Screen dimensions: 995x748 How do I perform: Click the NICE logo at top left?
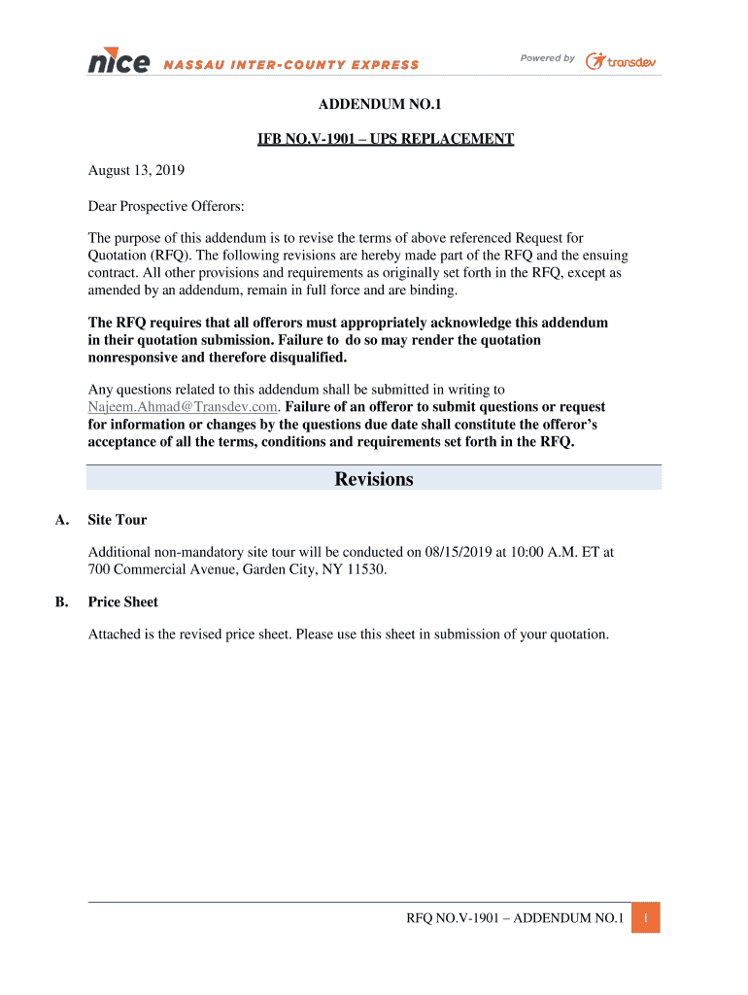tap(119, 62)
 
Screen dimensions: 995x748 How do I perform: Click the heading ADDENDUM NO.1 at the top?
tap(374, 104)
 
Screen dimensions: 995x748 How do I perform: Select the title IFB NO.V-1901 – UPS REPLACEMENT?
tap(385, 139)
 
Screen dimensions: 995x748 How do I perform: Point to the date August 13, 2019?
tap(136, 170)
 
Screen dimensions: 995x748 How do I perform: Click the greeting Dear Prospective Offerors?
tap(166, 206)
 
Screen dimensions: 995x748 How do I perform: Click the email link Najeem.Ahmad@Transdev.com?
tap(184, 407)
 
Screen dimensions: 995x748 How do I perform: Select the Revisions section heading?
tap(374, 479)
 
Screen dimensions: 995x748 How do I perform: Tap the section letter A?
tap(62, 520)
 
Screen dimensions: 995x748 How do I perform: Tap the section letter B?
tap(62, 602)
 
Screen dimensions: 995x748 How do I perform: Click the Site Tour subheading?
tap(118, 520)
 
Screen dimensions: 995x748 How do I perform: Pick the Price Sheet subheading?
tap(123, 602)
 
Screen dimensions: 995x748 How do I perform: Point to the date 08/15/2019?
tap(458, 552)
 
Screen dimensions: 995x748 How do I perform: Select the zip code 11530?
tap(366, 569)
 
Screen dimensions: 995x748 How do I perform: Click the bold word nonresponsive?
tap(139, 357)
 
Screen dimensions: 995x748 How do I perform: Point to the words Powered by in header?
tap(547, 58)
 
